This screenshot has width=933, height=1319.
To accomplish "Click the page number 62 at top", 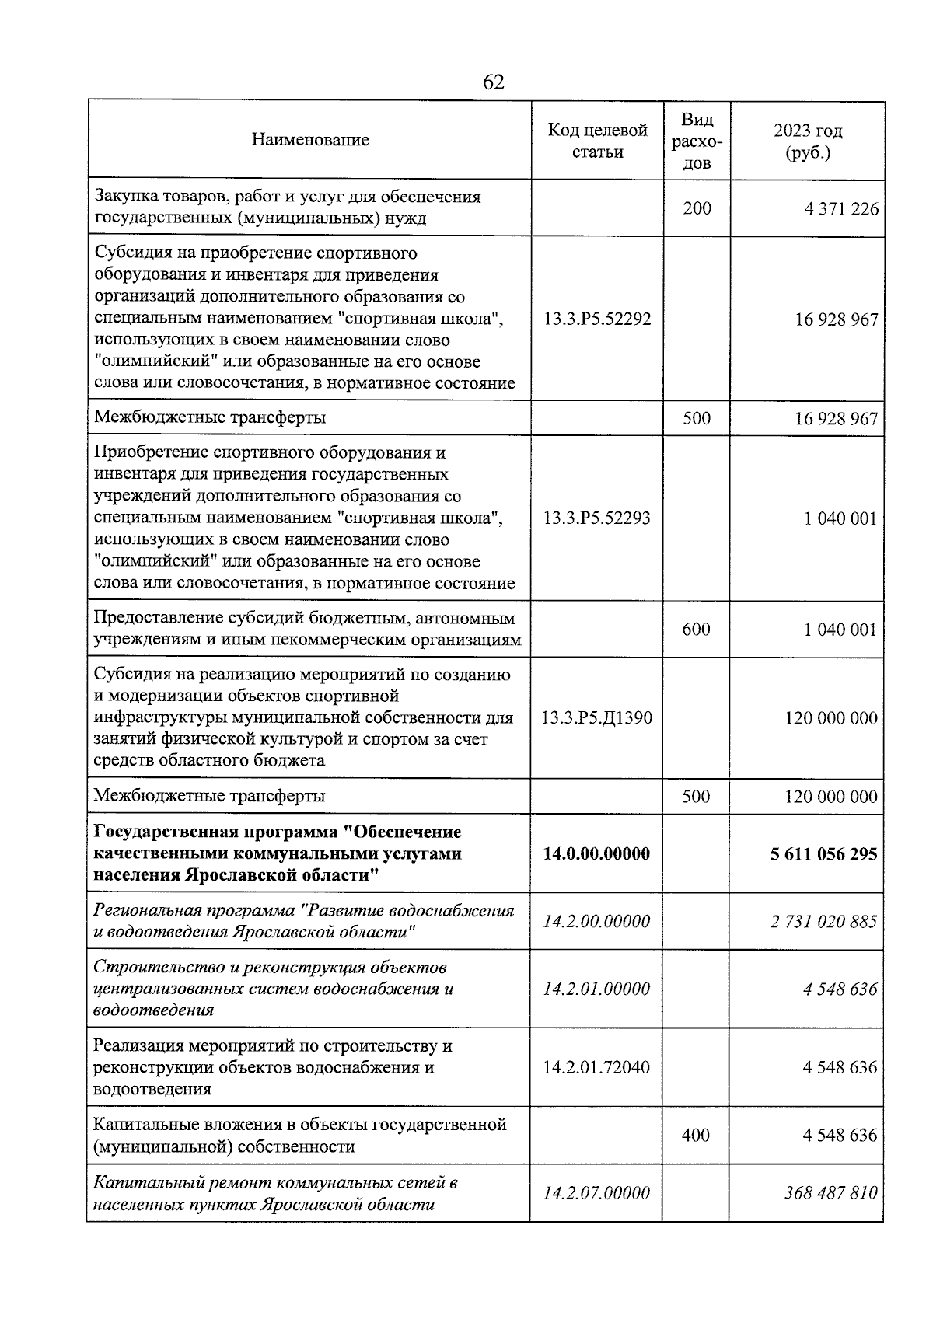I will [x=494, y=82].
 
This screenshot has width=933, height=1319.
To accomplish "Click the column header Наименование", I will [x=310, y=140].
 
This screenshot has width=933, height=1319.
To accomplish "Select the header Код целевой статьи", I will [x=597, y=141].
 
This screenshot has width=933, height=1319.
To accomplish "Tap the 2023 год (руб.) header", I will [x=807, y=141].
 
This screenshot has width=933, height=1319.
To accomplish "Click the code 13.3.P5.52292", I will [x=597, y=319].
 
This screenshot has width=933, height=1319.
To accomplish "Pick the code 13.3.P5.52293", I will [x=597, y=518].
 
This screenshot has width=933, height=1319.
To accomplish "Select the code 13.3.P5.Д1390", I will [x=597, y=718].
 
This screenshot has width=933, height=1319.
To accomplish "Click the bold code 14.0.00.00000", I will [x=597, y=853].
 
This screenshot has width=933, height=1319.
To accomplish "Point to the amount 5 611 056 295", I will [x=823, y=853].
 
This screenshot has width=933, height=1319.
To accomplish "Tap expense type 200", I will [x=697, y=208].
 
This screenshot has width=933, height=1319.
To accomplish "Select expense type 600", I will [x=696, y=629].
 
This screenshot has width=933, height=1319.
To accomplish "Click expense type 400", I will [x=696, y=1135].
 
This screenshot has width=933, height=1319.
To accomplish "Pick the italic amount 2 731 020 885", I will [x=823, y=922].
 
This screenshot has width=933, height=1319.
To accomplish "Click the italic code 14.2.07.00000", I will [x=597, y=1192].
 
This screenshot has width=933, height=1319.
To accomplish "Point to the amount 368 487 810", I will [x=830, y=1192].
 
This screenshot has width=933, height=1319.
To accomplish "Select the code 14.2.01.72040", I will [x=597, y=1067].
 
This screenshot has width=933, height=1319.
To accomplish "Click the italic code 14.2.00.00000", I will [x=597, y=922].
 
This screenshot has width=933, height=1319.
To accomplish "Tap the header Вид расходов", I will [x=697, y=141].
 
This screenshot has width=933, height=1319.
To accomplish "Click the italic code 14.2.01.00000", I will [x=597, y=989].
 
